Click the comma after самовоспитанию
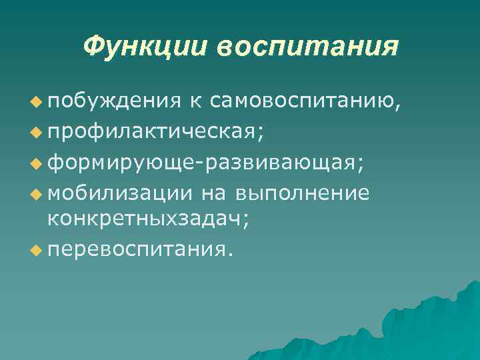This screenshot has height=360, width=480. (x=399, y=107)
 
